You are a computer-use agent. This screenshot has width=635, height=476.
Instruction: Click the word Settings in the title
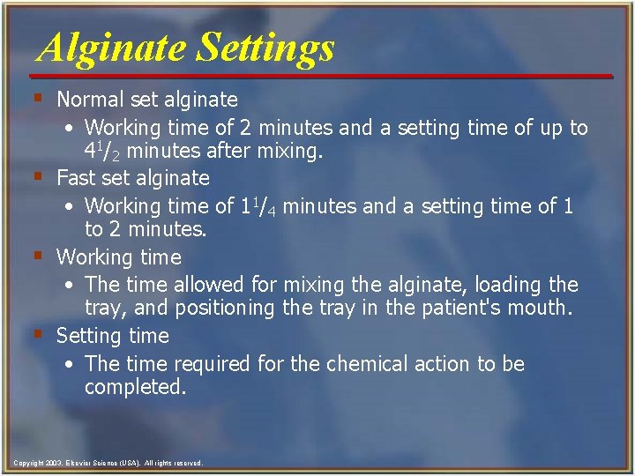click(265, 48)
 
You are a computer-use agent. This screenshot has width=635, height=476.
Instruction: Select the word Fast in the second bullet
click(74, 178)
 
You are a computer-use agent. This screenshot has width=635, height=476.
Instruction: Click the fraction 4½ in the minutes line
click(101, 151)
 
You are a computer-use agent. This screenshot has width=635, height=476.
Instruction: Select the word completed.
click(135, 387)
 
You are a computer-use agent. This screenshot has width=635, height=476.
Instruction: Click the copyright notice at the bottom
click(108, 463)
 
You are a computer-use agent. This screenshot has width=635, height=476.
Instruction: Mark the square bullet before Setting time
click(38, 334)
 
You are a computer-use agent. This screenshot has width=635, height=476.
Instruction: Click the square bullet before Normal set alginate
click(38, 98)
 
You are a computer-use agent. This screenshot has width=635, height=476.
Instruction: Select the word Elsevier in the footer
click(74, 463)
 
